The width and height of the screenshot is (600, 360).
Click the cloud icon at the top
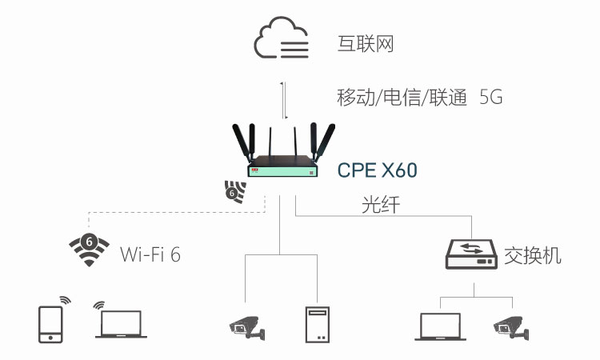[x=282, y=40]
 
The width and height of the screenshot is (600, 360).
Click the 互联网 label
[x=366, y=43]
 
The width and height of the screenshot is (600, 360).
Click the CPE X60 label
[x=378, y=170]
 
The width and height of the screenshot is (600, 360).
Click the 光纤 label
[x=380, y=206]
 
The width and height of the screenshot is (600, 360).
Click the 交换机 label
[x=533, y=256]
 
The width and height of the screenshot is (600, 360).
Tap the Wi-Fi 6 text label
[x=150, y=254]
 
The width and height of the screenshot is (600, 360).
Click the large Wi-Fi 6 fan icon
[x=89, y=250]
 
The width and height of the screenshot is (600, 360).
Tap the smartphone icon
[x=50, y=323]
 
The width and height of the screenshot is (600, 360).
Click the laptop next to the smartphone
[x=119, y=325]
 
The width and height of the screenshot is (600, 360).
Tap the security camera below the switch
[x=510, y=325]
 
